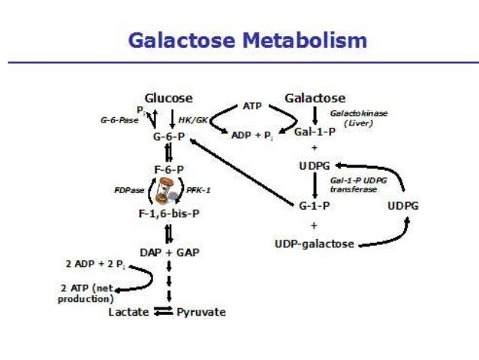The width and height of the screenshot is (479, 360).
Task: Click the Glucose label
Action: point(168,98)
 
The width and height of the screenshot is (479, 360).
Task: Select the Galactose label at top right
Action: point(315,98)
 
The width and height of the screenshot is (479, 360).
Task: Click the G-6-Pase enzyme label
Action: point(119,120)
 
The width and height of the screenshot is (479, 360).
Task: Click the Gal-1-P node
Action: point(314,131)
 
